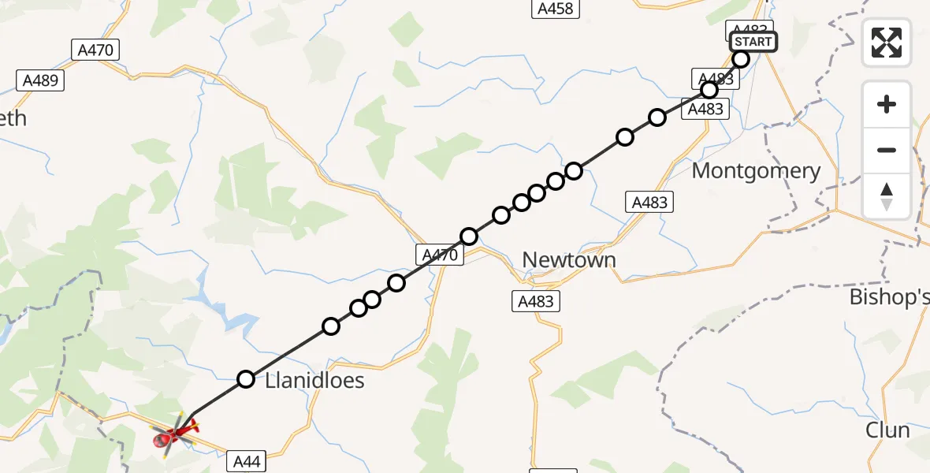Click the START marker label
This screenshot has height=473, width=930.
[753, 42]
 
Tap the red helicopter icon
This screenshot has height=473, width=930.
[176, 432]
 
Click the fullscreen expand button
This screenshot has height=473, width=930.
[887, 43]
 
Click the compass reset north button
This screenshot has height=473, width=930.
[887, 196]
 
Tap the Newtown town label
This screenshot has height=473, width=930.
[569, 260]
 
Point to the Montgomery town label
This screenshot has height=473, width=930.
[756, 171]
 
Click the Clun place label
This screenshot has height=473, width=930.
[887, 430]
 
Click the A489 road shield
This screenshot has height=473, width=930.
[41, 80]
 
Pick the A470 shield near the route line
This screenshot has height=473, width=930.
[438, 254]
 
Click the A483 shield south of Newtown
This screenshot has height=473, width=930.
[537, 300]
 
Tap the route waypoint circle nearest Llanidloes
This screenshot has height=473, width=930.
[246, 379]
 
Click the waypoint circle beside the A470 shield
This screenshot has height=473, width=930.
[469, 236]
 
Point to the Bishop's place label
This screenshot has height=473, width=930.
[889, 297]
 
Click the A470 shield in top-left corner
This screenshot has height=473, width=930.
[95, 50]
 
